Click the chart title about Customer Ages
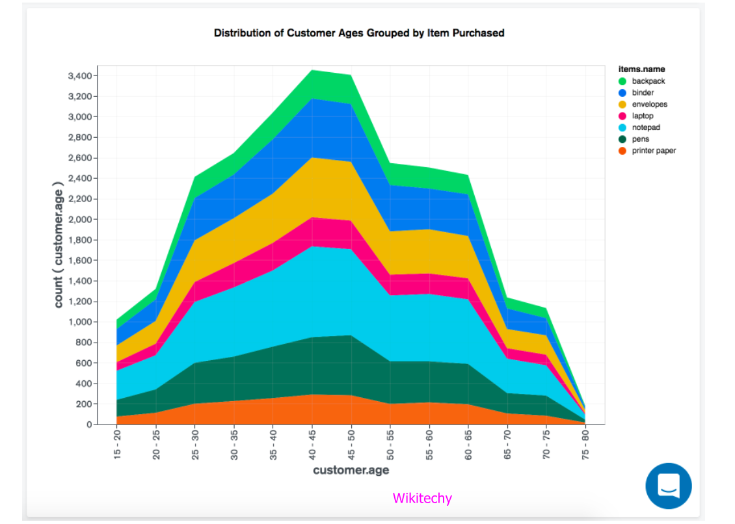(359, 33)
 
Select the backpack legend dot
(622, 81)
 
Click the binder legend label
(643, 93)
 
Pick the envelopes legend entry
(649, 105)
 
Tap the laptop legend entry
(643, 116)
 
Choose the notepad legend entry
(645, 128)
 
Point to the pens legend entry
(640, 140)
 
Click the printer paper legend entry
(653, 151)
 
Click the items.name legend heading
(641, 69)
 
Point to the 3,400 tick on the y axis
(79, 76)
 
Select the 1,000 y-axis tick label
(79, 322)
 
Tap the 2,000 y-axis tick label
(79, 220)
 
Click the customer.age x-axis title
(351, 470)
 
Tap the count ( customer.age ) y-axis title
(59, 244)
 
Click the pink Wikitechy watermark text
(422, 499)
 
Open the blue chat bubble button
(669, 486)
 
